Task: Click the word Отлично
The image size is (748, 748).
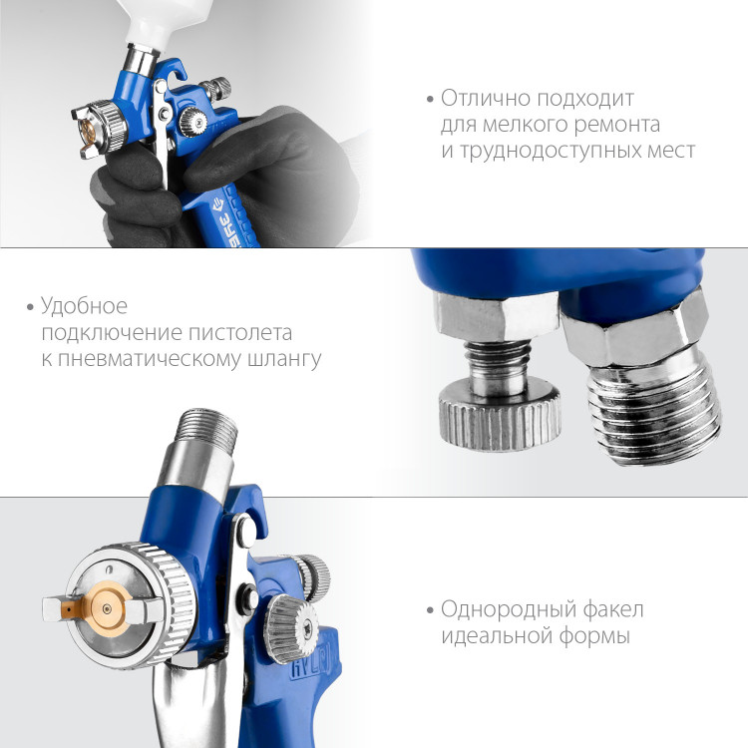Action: [484, 98]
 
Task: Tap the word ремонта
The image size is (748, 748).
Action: [616, 125]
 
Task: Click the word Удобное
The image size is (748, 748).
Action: [84, 306]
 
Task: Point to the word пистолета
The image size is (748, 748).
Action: [240, 332]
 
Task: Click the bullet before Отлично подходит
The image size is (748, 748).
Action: [430, 99]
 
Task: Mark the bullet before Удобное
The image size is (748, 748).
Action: [31, 307]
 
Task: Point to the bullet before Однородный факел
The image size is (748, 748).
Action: [430, 610]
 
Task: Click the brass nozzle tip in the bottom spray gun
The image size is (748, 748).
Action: [106, 608]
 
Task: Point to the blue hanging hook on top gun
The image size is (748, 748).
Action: [178, 70]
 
